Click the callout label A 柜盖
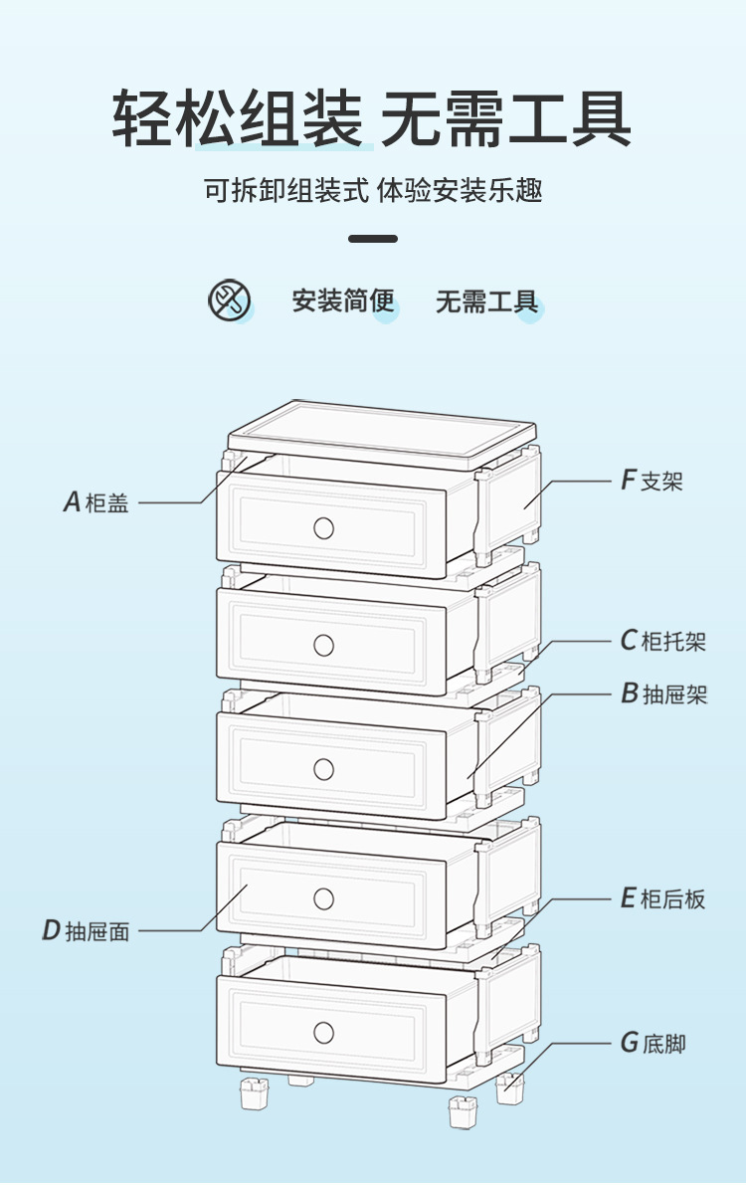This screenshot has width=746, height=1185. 96,502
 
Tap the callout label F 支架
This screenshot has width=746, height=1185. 653,482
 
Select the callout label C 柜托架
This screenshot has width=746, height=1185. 663,641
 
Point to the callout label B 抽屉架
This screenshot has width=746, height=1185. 664,693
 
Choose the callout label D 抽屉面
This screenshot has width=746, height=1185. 86,931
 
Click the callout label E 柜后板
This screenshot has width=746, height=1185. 662,899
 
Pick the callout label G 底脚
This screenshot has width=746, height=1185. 653,1044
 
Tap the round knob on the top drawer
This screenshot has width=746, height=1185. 323,527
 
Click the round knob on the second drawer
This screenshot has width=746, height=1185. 323,646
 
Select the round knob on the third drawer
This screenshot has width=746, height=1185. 323,768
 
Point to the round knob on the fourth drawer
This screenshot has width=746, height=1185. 323,898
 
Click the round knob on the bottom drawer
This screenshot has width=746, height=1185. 323,1032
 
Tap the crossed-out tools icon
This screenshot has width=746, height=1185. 229,299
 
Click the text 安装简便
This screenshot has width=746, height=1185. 343,300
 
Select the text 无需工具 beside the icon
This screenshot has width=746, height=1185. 486,300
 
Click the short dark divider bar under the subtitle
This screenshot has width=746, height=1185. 373,239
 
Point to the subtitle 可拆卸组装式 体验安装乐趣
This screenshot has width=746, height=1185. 373,190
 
